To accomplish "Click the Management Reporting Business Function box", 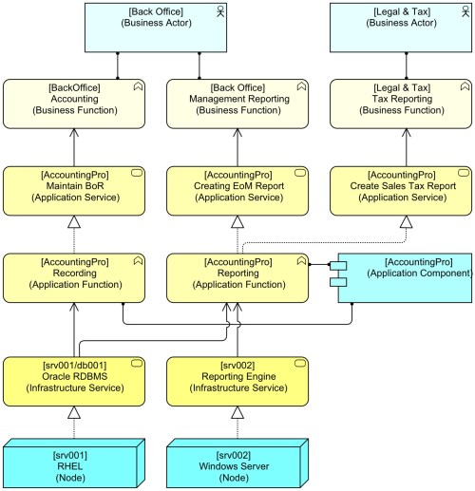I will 237,104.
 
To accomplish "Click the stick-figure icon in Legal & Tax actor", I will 463,12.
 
